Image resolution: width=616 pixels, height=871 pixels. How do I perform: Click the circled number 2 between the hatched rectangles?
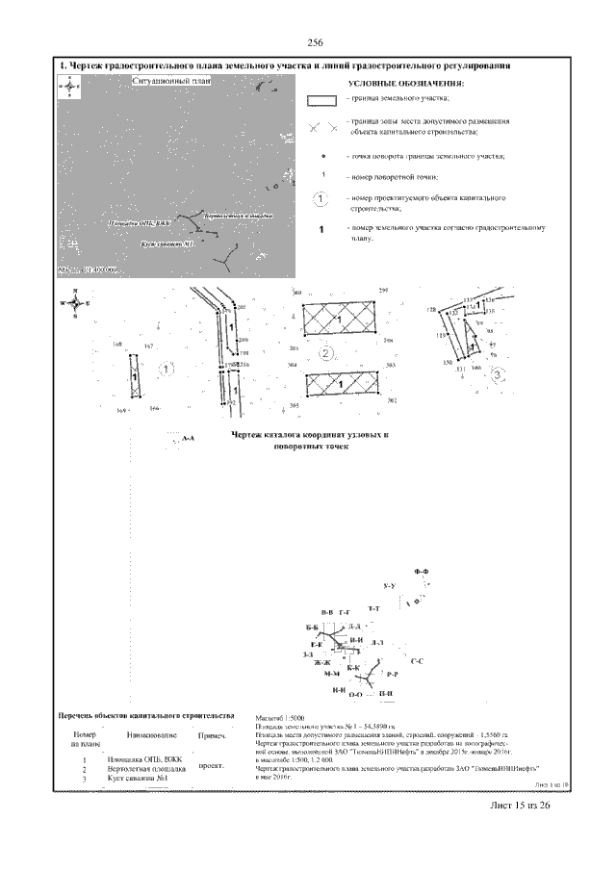pyautogui.click(x=326, y=354)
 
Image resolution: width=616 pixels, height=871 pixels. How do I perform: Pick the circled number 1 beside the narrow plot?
pyautogui.click(x=166, y=368)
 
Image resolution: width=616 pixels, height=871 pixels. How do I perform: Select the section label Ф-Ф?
pyautogui.click(x=421, y=573)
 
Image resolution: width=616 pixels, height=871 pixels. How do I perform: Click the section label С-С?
pyautogui.click(x=445, y=663)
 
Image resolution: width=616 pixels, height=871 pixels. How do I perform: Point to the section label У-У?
pyautogui.click(x=390, y=586)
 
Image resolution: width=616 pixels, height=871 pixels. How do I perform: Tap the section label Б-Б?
pyautogui.click(x=311, y=628)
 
